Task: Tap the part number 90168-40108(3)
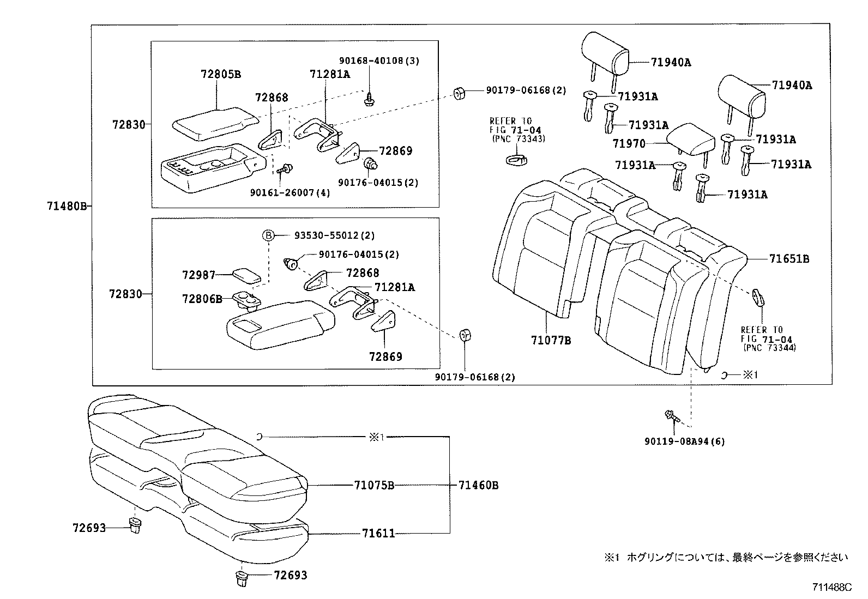[x=379, y=61]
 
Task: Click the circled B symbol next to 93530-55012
[x=268, y=235]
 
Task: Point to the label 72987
[x=198, y=275]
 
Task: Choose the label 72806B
[x=202, y=299]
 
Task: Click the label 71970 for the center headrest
[x=629, y=144]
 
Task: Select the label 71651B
[x=789, y=259]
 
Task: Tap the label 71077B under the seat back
[x=551, y=341]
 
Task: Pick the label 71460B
[x=478, y=485]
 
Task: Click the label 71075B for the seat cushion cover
[x=373, y=485]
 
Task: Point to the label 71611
[x=378, y=534]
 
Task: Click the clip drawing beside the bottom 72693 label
[x=241, y=578]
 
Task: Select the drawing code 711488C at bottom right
[x=831, y=588]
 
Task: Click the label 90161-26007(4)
[x=290, y=192]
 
